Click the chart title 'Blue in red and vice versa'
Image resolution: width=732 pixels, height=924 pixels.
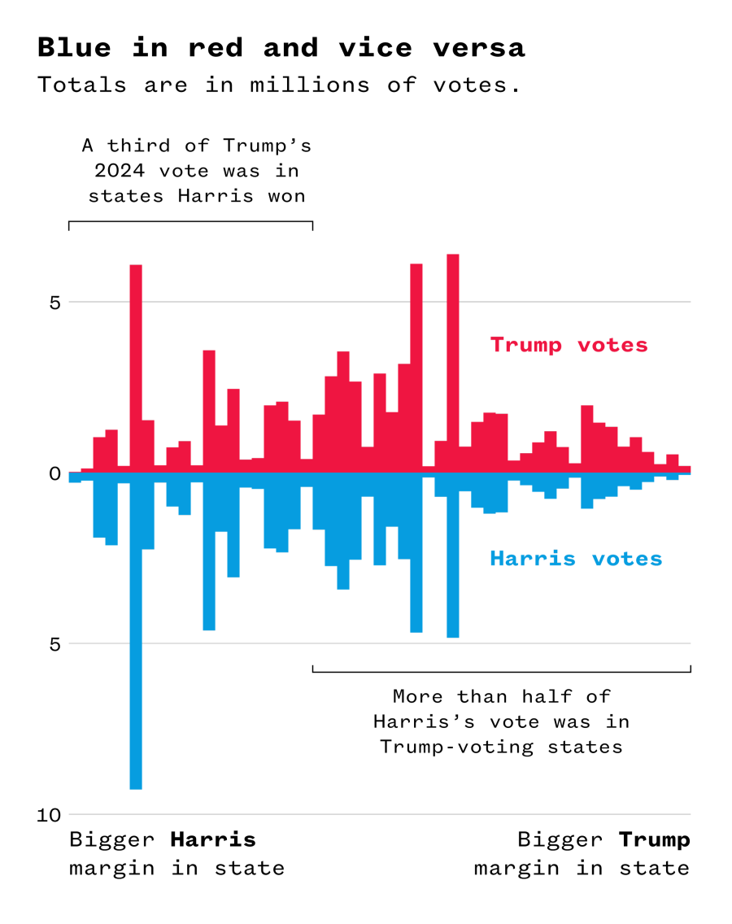point(281,48)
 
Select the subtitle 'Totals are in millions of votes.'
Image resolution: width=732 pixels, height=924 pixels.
point(278,85)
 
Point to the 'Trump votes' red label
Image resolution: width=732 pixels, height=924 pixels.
point(569,345)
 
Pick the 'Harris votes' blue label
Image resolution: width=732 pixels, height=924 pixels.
point(575,559)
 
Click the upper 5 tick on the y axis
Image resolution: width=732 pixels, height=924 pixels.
point(54,303)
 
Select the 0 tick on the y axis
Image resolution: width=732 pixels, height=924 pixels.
point(54,473)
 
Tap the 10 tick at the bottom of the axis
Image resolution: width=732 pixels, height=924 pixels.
point(49,815)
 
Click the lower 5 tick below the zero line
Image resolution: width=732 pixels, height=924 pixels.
point(54,644)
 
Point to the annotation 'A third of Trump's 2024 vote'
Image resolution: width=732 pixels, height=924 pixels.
point(196,171)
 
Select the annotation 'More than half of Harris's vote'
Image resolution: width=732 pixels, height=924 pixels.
point(501,721)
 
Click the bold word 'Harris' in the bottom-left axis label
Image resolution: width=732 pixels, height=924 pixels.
point(212,839)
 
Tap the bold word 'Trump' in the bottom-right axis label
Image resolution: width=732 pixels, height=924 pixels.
point(654,839)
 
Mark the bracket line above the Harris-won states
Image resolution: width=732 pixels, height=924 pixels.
point(190,221)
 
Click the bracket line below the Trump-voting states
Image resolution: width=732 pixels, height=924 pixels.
point(501,672)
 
